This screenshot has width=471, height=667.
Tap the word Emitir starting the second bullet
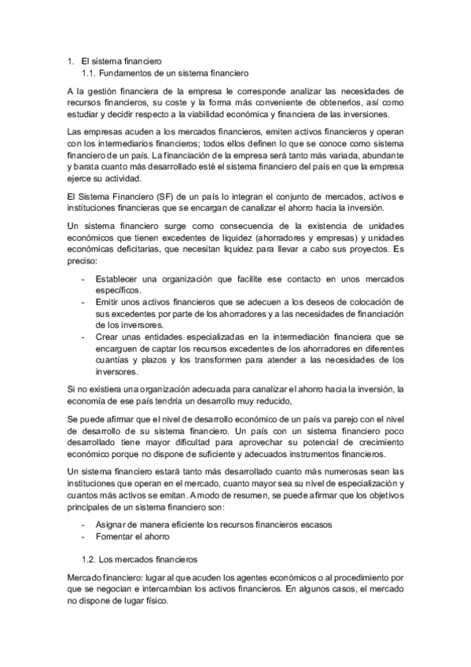click(108, 301)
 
